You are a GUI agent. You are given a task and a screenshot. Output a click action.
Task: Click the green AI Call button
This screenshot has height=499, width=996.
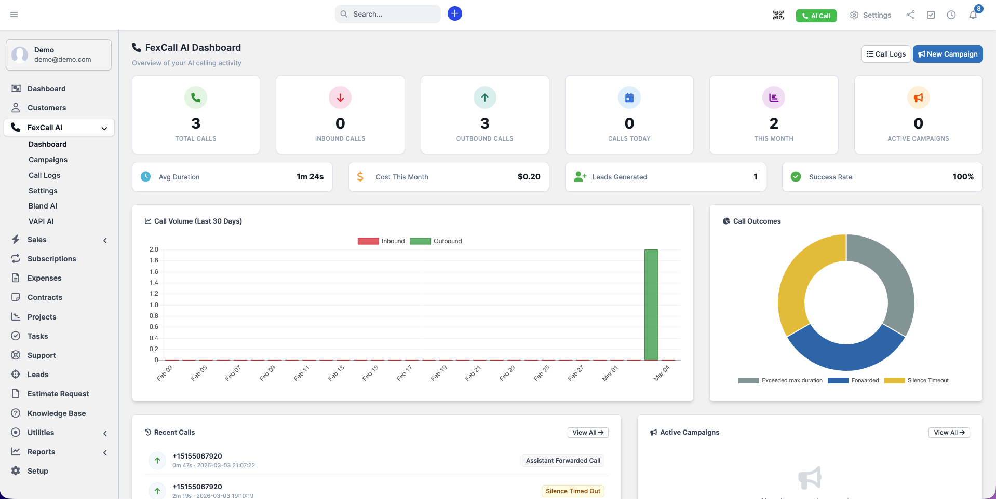(x=816, y=16)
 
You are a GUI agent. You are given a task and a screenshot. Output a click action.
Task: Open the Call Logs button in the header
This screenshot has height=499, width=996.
(x=885, y=54)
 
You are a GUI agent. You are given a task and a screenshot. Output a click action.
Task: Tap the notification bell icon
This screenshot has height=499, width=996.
(x=973, y=15)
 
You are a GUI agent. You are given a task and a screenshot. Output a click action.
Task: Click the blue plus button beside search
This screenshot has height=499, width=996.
(x=454, y=13)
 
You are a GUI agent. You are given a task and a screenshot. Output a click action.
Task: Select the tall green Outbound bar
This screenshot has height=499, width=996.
(x=651, y=305)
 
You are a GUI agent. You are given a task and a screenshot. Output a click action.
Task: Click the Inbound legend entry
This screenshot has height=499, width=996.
(x=381, y=241)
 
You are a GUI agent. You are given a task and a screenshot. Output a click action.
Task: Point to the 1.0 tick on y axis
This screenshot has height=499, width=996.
(x=154, y=305)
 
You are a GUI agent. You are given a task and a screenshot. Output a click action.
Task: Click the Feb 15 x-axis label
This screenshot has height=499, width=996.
(x=370, y=373)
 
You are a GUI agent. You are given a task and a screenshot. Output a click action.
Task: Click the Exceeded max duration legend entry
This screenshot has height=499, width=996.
(x=780, y=380)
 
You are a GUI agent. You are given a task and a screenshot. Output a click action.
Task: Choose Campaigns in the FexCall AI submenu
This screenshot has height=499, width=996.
(x=48, y=160)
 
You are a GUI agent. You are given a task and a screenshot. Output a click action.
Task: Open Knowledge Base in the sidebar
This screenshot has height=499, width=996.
(x=57, y=413)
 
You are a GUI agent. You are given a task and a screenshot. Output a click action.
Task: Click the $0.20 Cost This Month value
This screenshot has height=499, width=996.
(x=529, y=177)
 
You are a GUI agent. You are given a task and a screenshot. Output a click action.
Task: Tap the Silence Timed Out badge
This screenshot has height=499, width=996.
(x=573, y=491)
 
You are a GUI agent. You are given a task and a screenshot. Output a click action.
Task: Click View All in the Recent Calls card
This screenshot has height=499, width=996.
(x=587, y=433)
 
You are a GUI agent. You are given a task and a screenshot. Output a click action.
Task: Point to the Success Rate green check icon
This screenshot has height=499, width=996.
(x=796, y=177)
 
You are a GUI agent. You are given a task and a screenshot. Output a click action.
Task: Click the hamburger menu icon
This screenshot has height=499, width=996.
(x=14, y=15)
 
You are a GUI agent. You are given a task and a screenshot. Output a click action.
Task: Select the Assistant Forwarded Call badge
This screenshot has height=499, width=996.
(x=563, y=461)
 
